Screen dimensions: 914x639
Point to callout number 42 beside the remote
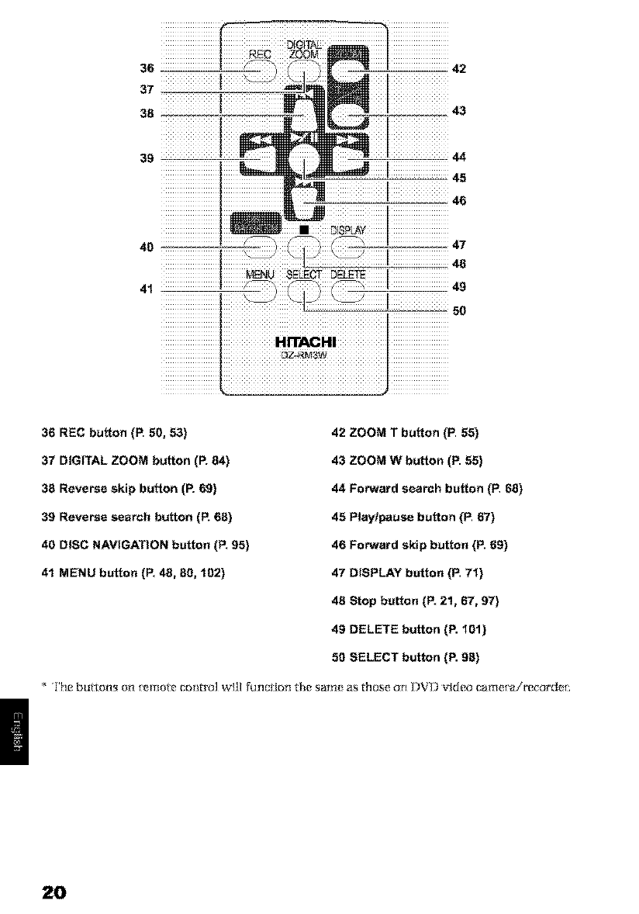(458, 68)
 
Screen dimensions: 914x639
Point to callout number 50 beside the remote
(458, 311)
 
